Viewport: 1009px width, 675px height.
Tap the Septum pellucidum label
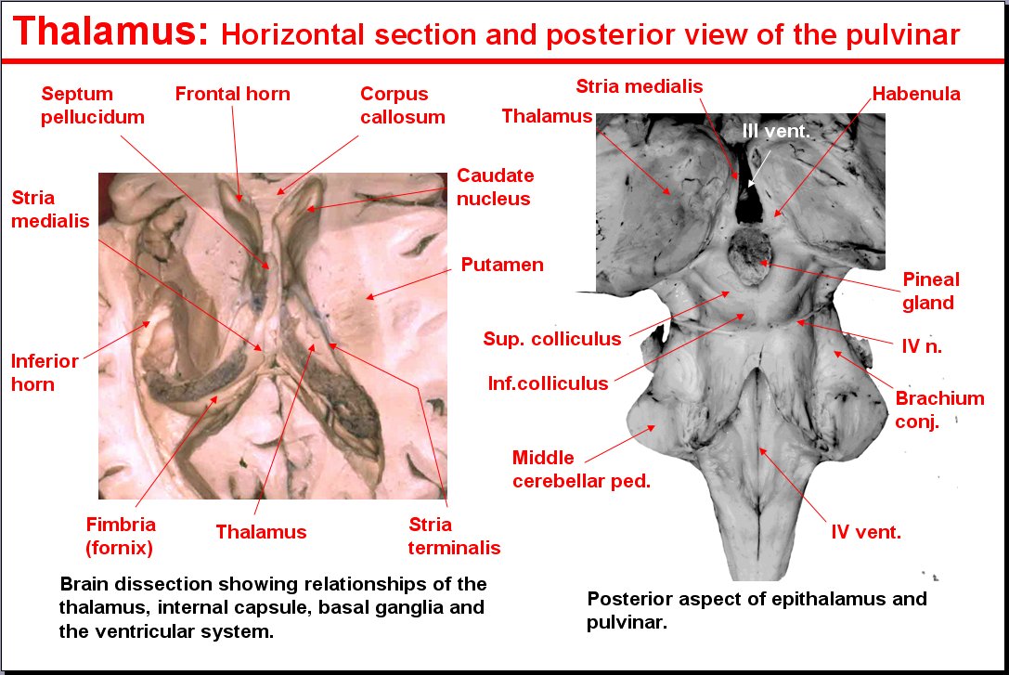click(93, 105)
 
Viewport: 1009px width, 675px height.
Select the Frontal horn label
click(232, 94)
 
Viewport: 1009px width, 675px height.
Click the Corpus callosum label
click(403, 105)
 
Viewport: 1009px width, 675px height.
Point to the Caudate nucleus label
click(496, 187)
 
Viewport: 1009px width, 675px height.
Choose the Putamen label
click(502, 265)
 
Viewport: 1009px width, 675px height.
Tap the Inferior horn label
click(45, 372)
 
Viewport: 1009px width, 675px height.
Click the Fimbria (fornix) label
click(121, 536)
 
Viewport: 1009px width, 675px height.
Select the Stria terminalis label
click(454, 536)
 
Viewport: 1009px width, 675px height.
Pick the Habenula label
click(915, 94)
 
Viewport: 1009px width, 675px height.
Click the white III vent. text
click(776, 131)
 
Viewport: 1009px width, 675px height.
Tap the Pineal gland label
click(930, 291)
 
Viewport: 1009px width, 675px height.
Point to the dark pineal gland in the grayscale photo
click(750, 255)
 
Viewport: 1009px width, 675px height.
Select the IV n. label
click(922, 347)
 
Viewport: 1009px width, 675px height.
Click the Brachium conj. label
click(939, 409)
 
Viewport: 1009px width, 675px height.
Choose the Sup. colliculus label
click(552, 339)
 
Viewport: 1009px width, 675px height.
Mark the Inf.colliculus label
click(548, 383)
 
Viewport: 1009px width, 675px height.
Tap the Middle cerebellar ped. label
click(581, 469)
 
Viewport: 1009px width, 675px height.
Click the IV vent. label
click(866, 532)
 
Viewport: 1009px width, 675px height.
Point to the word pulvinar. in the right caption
click(627, 623)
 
